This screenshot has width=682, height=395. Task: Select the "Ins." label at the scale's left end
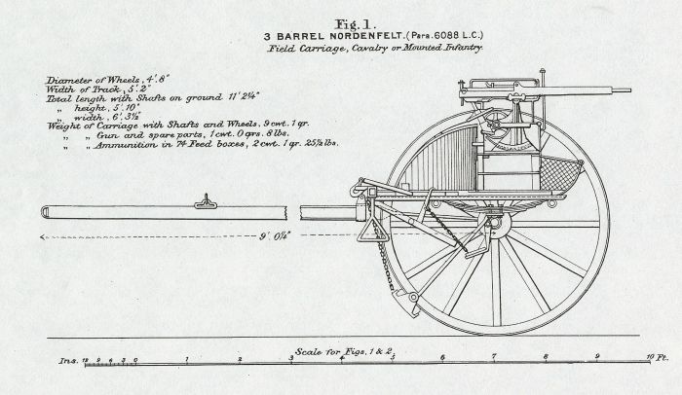point(65,362)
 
